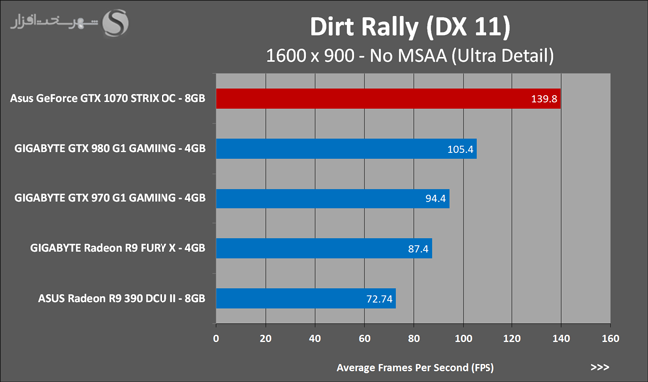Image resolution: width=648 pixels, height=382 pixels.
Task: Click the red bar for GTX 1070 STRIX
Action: [389, 99]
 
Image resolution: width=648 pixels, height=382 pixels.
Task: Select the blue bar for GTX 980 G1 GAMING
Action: [346, 149]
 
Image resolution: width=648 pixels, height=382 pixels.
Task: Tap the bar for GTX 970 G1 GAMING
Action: [333, 198]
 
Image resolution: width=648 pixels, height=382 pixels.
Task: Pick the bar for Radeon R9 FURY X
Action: [324, 248]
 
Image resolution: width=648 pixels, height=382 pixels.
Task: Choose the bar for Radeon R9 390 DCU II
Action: [306, 298]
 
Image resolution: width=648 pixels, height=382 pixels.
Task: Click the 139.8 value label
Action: [544, 99]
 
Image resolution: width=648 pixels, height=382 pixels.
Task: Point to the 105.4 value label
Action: [460, 149]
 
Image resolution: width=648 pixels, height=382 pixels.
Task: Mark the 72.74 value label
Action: [379, 299]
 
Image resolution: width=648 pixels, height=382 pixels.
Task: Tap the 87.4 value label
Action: [418, 249]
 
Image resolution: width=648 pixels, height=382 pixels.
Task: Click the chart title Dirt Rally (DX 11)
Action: [411, 27]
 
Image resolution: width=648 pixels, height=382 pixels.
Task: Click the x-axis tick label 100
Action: [463, 338]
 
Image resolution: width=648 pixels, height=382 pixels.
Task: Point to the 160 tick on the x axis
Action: [610, 338]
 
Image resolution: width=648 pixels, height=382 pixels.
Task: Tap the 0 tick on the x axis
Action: [216, 338]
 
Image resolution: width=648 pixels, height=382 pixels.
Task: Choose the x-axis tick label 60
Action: [364, 338]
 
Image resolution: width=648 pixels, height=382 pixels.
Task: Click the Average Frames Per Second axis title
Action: [416, 367]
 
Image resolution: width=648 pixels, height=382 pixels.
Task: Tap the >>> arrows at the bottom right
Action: [600, 367]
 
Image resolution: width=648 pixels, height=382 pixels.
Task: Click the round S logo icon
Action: [116, 23]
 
